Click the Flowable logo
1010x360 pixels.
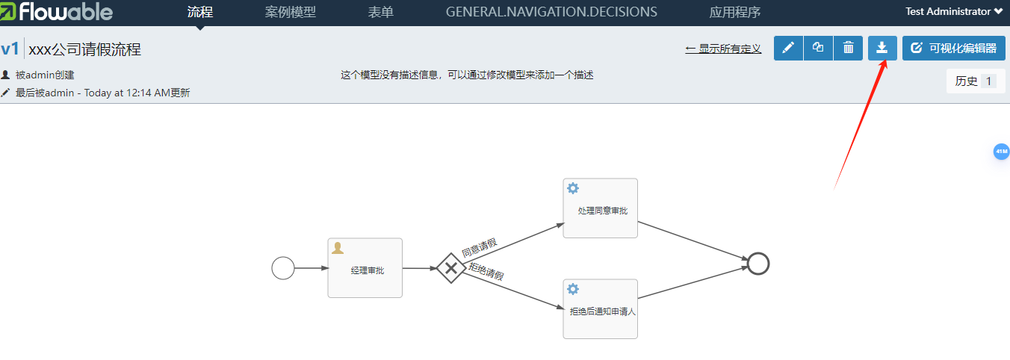(57, 12)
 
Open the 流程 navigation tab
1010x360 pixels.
(200, 12)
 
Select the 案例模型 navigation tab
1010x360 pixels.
(291, 12)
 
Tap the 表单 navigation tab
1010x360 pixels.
(381, 12)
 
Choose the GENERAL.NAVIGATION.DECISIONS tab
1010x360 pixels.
(551, 12)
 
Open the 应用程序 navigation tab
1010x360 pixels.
(735, 12)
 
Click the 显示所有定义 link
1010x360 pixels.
(723, 49)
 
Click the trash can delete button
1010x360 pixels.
(849, 48)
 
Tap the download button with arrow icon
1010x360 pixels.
(882, 48)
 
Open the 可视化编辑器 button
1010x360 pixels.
(952, 48)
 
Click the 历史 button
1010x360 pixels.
(974, 81)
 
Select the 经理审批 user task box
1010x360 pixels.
(365, 268)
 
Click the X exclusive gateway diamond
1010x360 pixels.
(450, 267)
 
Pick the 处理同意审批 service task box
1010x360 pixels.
(601, 208)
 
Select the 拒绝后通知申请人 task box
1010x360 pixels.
(601, 309)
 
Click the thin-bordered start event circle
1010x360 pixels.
(283, 267)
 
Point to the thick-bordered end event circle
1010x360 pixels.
(758, 263)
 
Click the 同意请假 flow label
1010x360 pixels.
(479, 247)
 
